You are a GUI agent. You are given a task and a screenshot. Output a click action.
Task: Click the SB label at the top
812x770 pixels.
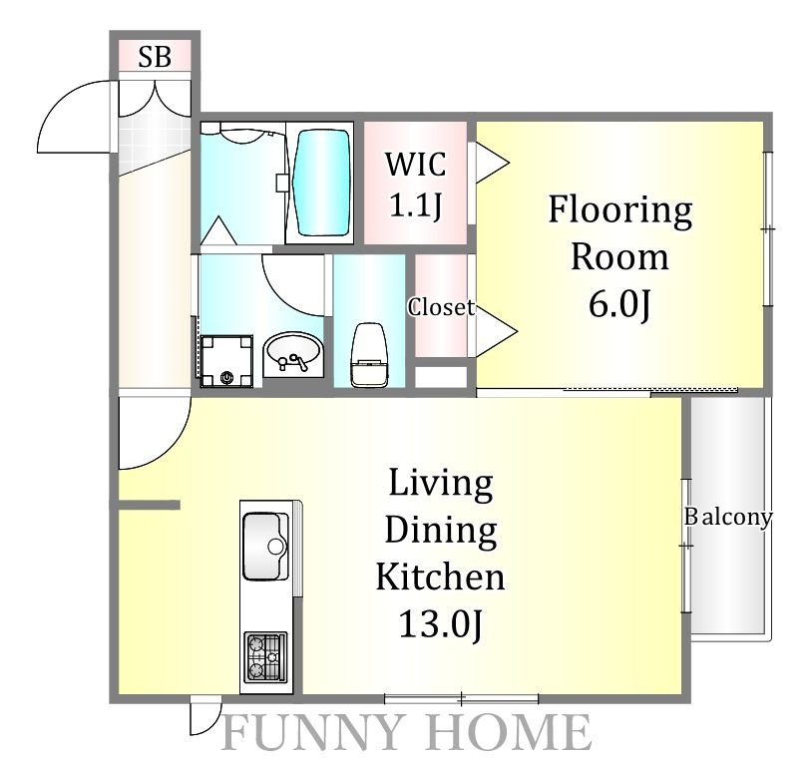(155, 57)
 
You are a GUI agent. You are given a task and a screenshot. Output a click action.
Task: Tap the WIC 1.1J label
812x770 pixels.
(415, 185)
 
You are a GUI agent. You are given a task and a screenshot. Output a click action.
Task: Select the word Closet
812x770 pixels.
(441, 307)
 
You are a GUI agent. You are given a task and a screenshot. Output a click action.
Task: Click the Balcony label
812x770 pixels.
(728, 517)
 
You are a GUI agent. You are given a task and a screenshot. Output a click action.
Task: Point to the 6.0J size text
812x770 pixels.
(619, 304)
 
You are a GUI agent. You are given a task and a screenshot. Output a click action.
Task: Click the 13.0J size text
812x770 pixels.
(440, 624)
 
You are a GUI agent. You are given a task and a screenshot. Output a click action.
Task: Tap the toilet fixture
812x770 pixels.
(369, 355)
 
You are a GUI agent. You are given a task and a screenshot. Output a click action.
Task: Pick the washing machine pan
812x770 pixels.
(226, 361)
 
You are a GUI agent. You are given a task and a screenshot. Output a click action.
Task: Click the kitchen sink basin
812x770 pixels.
(265, 547)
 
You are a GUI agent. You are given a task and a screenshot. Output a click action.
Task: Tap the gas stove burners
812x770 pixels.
(265, 657)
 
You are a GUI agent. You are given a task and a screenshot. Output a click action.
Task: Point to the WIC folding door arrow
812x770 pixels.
(492, 162)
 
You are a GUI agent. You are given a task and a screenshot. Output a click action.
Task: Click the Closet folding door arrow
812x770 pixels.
(496, 330)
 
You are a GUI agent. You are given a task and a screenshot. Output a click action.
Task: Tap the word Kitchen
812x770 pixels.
(440, 577)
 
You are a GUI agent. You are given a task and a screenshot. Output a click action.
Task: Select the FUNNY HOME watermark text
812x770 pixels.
(407, 732)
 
